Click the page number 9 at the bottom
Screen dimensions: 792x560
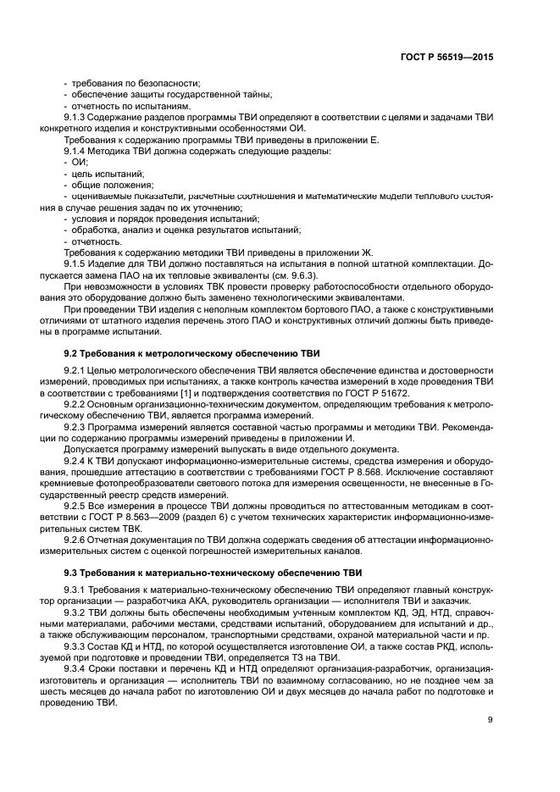(x=491, y=720)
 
